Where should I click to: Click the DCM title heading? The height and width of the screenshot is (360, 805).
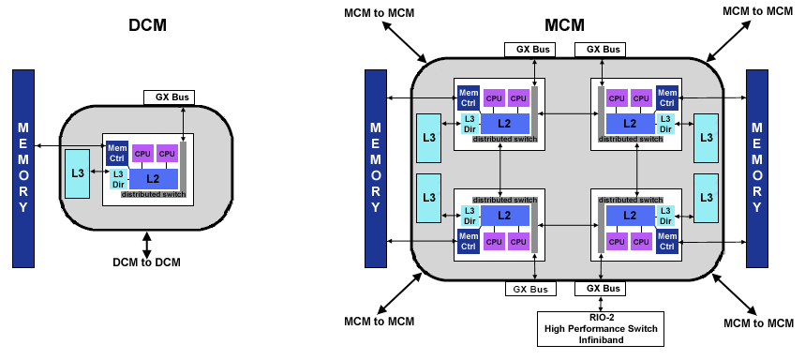(x=147, y=24)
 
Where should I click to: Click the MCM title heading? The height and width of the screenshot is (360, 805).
(x=564, y=24)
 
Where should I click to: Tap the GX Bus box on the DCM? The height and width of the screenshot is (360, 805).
(x=169, y=97)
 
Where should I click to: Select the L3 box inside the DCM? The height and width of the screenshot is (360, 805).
(x=78, y=173)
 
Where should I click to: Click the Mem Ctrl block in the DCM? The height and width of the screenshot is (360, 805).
(x=117, y=153)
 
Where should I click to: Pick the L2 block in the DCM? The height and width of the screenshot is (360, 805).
(x=153, y=179)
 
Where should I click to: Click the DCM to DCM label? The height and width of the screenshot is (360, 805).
(x=147, y=262)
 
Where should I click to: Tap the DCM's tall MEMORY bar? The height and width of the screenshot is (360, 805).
(x=23, y=169)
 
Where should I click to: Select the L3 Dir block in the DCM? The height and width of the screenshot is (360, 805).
(x=118, y=179)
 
